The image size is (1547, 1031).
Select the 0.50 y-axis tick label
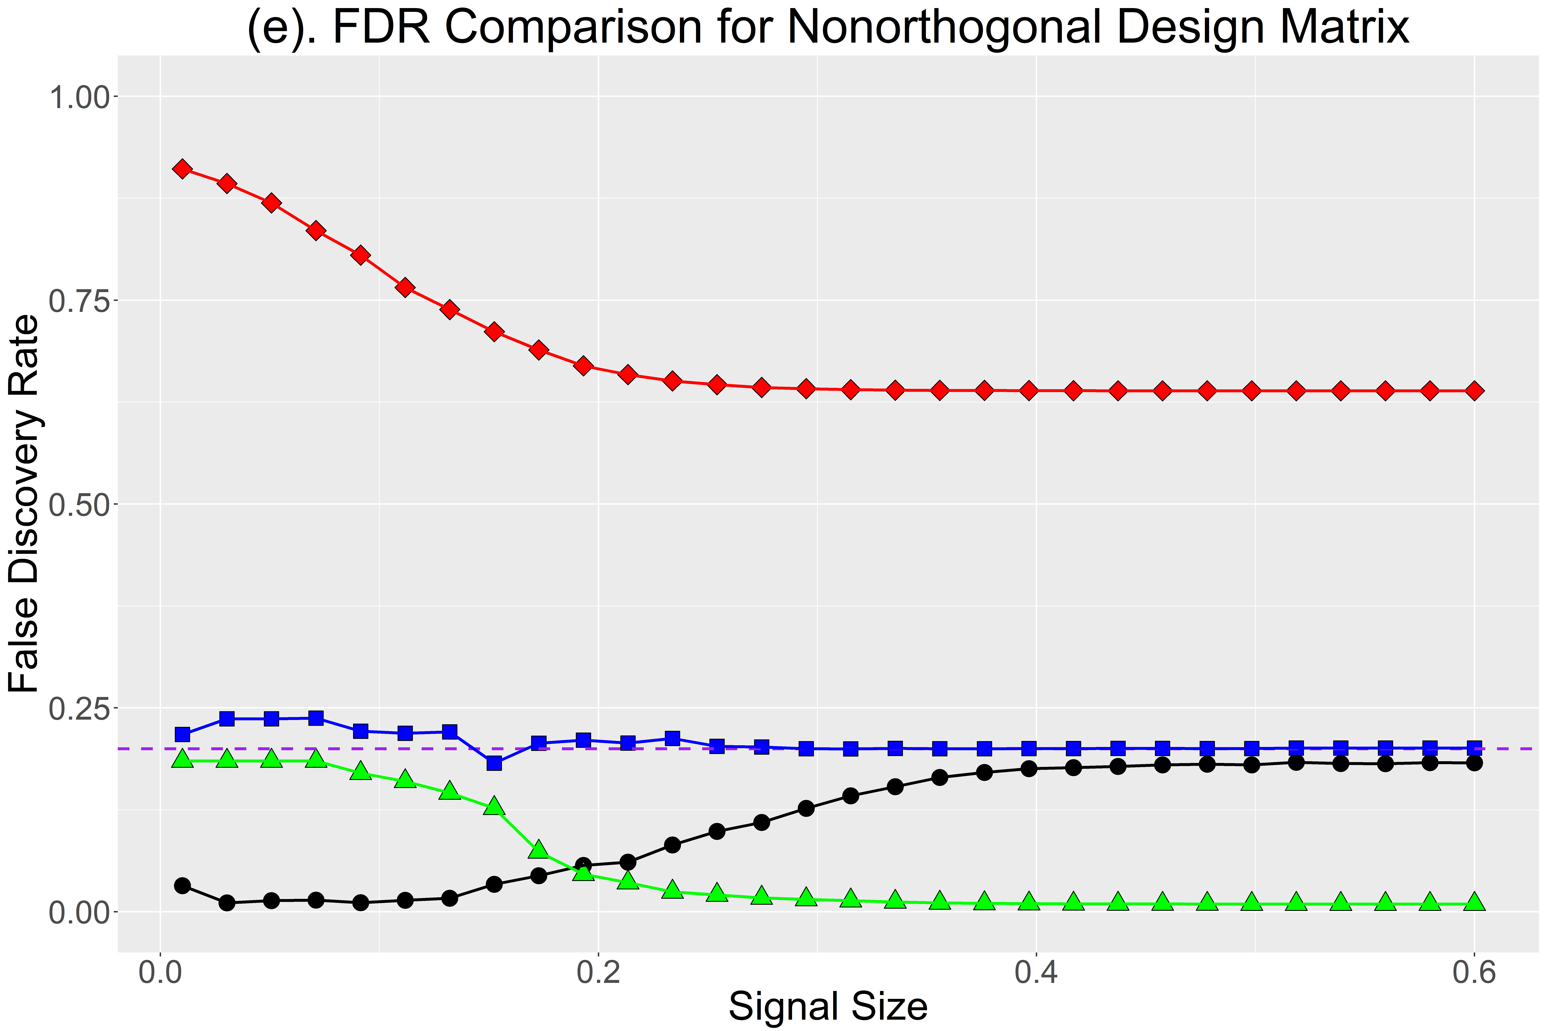[x=78, y=504]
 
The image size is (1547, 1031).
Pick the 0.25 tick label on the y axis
[x=78, y=708]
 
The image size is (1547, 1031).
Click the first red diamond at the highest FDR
[x=182, y=170]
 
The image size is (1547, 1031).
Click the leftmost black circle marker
[x=182, y=886]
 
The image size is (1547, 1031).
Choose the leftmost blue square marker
[x=182, y=734]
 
